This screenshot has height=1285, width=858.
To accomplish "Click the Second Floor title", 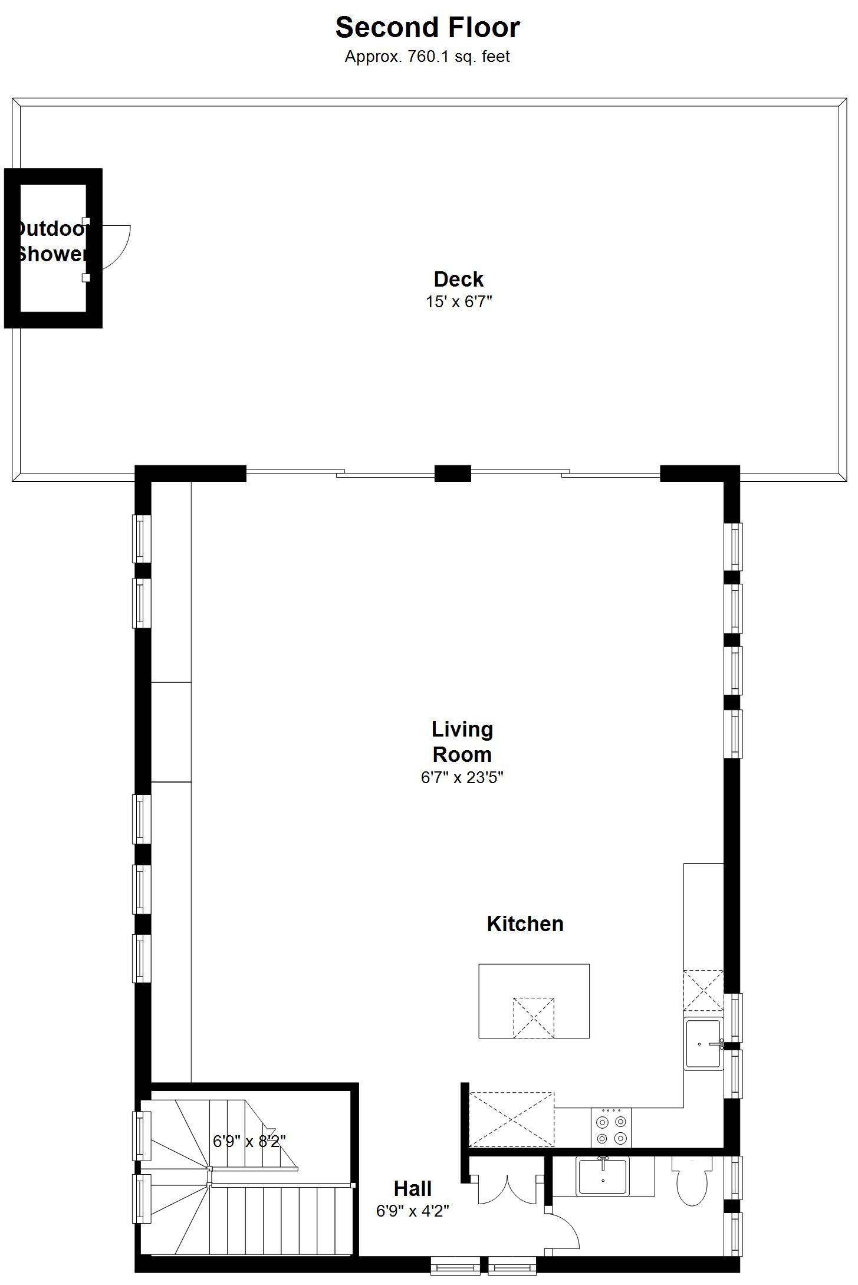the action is tap(428, 28).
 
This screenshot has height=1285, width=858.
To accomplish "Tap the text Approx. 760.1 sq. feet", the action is tap(428, 57).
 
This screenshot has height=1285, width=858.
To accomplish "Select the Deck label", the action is tap(459, 279).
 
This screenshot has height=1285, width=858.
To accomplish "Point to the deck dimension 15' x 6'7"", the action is tap(459, 302).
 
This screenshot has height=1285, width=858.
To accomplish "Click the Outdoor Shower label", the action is tap(51, 242).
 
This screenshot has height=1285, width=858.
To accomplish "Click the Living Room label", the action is tap(462, 742).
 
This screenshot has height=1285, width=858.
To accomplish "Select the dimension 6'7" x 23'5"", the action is tap(462, 777).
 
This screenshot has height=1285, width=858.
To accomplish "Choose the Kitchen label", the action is tap(525, 924).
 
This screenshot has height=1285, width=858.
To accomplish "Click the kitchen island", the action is tap(534, 1001).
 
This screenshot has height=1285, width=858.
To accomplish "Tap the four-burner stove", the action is tap(611, 1128).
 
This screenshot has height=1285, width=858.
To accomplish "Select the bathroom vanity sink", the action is tap(603, 1176).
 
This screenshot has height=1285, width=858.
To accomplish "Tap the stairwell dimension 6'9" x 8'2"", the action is tap(249, 1142).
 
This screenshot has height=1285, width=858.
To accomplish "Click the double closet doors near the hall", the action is tap(507, 1190).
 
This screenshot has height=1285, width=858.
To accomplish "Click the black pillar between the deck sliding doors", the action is tap(453, 474).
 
